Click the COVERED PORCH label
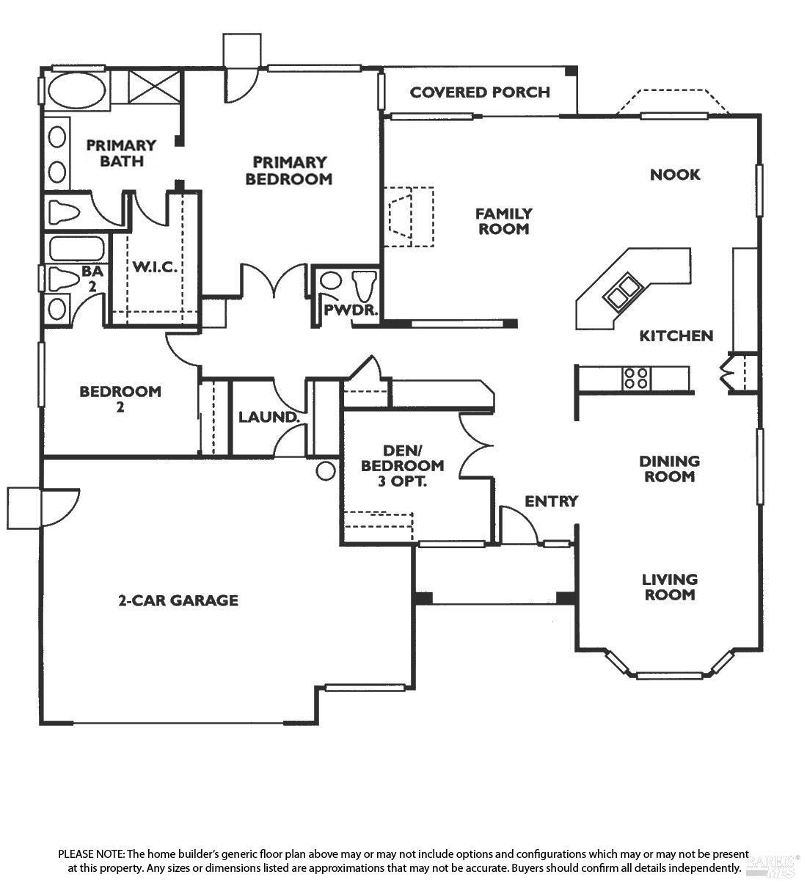pyautogui.click(x=480, y=92)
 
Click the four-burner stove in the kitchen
pyautogui.click(x=635, y=378)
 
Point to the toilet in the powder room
pyautogui.click(x=364, y=283)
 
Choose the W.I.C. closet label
pyautogui.click(x=154, y=266)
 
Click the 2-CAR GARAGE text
pyautogui.click(x=178, y=600)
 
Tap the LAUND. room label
pyautogui.click(x=269, y=418)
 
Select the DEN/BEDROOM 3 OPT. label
pyautogui.click(x=402, y=465)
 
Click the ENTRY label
pyautogui.click(x=552, y=501)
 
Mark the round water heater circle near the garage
pyautogui.click(x=326, y=470)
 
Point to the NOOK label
pyautogui.click(x=675, y=175)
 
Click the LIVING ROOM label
pyautogui.click(x=670, y=587)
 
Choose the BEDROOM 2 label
pyautogui.click(x=120, y=398)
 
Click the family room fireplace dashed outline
pyautogui.click(x=410, y=216)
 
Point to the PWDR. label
pyautogui.click(x=351, y=310)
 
